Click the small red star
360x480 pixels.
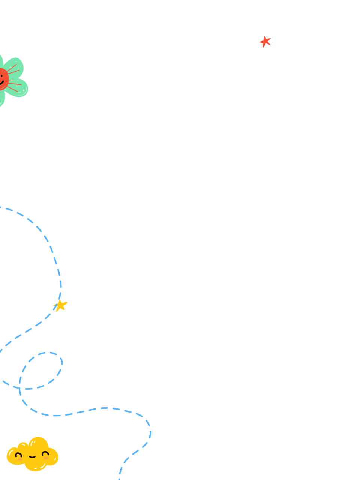point(265,42)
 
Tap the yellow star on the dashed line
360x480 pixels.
point(60,305)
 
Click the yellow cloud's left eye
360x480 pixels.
point(18,455)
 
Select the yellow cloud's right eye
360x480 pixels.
point(45,454)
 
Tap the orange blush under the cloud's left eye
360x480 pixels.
point(19,460)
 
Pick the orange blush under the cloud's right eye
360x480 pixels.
point(46,458)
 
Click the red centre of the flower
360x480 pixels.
point(3,79)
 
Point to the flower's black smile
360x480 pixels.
point(1,83)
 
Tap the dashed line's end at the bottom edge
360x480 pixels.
point(119,478)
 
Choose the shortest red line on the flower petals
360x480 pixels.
point(11,80)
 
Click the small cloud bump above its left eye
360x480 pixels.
point(22,446)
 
